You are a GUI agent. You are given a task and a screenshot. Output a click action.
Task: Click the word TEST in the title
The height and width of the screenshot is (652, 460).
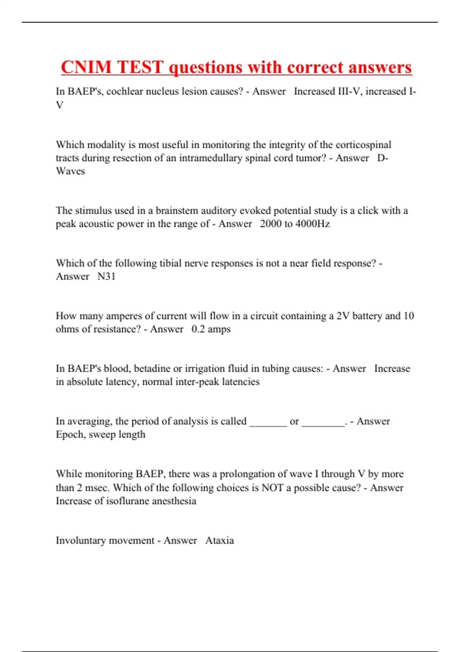coord(140,68)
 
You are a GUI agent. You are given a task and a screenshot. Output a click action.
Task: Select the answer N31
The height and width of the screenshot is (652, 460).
coord(106,277)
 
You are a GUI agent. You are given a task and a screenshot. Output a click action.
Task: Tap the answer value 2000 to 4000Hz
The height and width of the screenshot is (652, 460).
coord(295,224)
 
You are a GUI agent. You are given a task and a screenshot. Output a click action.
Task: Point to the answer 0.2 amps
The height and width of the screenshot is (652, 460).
coord(211,329)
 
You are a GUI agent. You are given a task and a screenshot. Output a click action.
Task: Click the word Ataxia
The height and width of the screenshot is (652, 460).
coord(219,541)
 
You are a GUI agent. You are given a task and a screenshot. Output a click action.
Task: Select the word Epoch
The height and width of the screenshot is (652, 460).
coord(69,435)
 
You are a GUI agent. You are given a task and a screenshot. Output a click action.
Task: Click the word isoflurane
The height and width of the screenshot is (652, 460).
coord(128,501)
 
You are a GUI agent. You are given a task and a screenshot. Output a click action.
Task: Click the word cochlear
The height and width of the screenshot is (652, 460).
coord(123,92)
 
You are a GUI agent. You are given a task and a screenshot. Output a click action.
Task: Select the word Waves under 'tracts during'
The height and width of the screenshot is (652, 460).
coord(70,171)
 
